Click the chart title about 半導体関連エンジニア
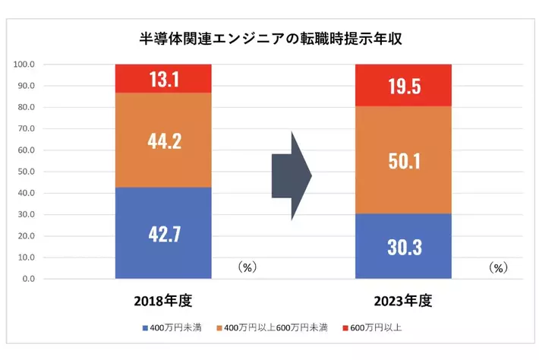pos(270,39)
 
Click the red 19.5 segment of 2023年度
pos(404,85)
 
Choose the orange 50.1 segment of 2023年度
pos(404,160)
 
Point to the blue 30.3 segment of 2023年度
pos(404,246)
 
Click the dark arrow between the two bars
pos(292,176)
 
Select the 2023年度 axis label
pos(403,301)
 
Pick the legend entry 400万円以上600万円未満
pos(273,327)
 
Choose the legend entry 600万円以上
pos(374,327)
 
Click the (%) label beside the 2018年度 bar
pos(248,267)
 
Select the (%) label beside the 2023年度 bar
pos(497,267)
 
